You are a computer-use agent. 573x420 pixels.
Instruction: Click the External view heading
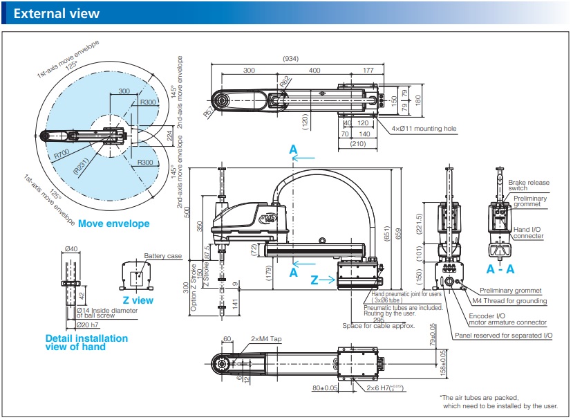coord(57,14)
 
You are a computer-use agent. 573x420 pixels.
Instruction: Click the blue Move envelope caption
coord(113,223)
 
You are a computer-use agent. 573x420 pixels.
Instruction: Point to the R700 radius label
coord(62,154)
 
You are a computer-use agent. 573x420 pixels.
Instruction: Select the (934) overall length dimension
coord(290,59)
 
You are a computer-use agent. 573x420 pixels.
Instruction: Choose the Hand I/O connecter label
coord(529,233)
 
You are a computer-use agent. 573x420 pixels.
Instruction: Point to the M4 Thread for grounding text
coord(509,301)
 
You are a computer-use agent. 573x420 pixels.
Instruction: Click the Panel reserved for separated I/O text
coord(503,336)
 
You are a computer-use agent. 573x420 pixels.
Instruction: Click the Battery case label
coord(163,256)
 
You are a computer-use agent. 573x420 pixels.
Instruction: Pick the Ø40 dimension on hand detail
coord(71,249)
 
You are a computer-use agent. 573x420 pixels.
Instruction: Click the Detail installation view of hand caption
coord(86,343)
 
